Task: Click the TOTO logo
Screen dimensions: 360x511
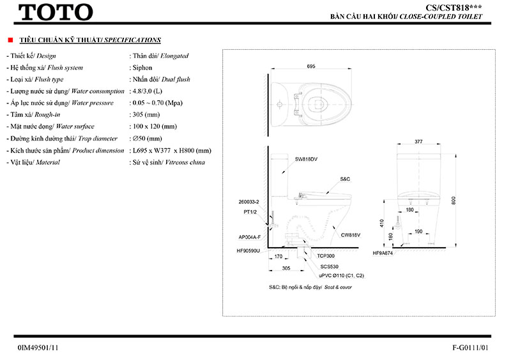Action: pos(56,11)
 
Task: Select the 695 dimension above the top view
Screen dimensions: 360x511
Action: pos(311,66)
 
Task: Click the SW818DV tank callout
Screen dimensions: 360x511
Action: pos(307,158)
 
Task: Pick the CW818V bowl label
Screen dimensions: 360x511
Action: pos(351,235)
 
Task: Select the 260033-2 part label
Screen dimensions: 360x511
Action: pos(247,202)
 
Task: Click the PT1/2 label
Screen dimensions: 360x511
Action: pos(250,211)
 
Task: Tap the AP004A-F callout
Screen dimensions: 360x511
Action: pos(250,237)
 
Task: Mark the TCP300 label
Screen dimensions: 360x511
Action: pos(326,255)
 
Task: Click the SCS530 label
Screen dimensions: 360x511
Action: pos(330,266)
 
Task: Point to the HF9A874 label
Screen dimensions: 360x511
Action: pos(383,253)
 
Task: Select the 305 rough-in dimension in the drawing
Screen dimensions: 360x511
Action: pos(286,269)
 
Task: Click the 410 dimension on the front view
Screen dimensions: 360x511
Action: pos(381,223)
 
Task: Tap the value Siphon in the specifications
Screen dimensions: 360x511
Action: pos(140,68)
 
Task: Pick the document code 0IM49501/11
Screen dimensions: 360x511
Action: pos(39,348)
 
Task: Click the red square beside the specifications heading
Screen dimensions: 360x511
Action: pos(11,40)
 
